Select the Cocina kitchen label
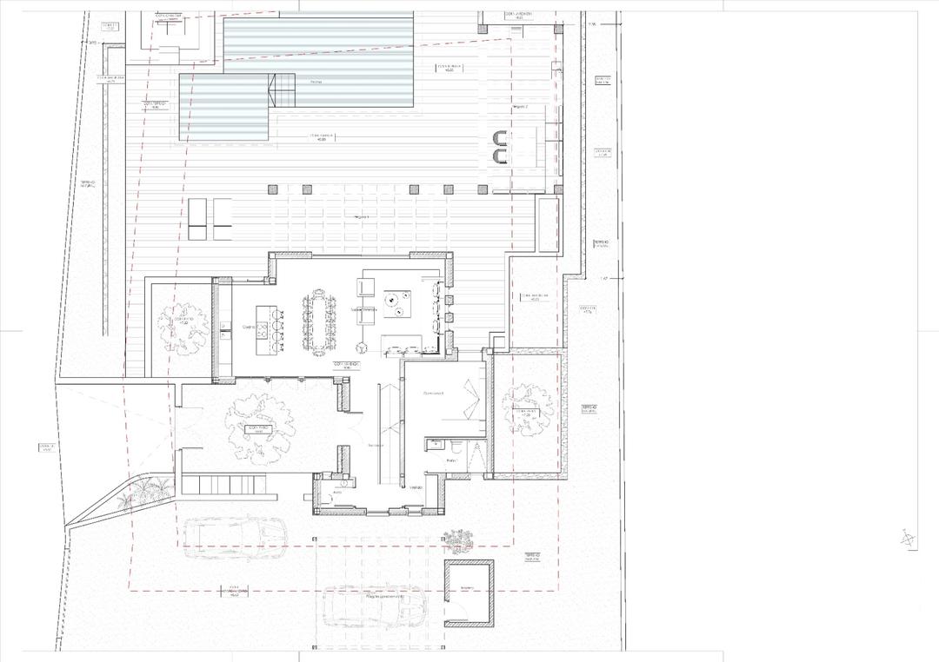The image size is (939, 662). click(248, 328)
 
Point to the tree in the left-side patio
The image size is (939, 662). click(183, 325)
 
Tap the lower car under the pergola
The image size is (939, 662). click(375, 606)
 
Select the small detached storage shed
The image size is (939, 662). click(469, 593)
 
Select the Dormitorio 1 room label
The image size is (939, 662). click(433, 394)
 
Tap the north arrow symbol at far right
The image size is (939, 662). click(908, 539)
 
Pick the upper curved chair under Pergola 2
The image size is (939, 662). click(499, 137)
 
